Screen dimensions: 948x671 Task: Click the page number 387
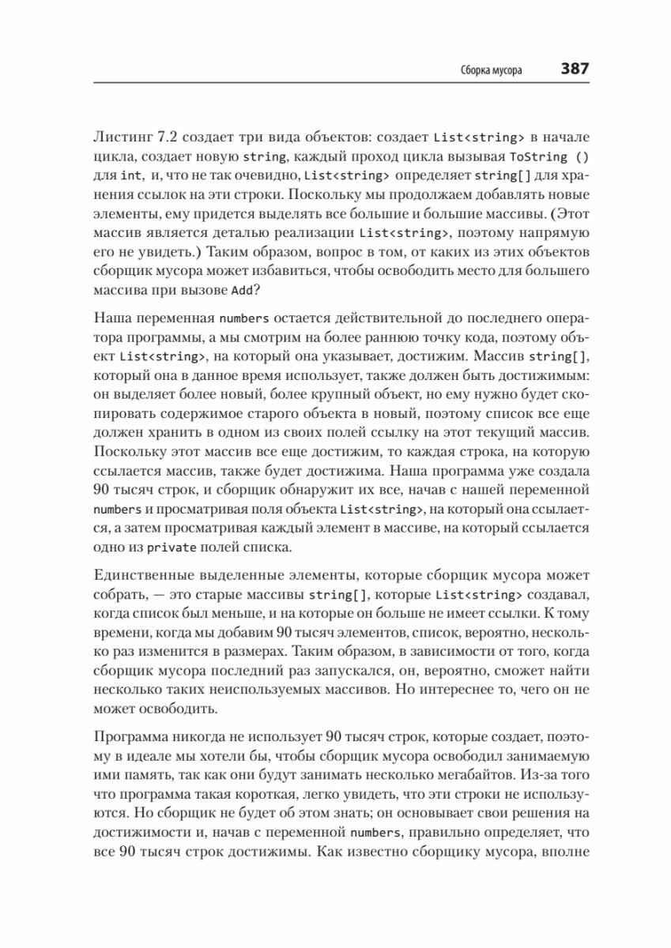pyautogui.click(x=575, y=69)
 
